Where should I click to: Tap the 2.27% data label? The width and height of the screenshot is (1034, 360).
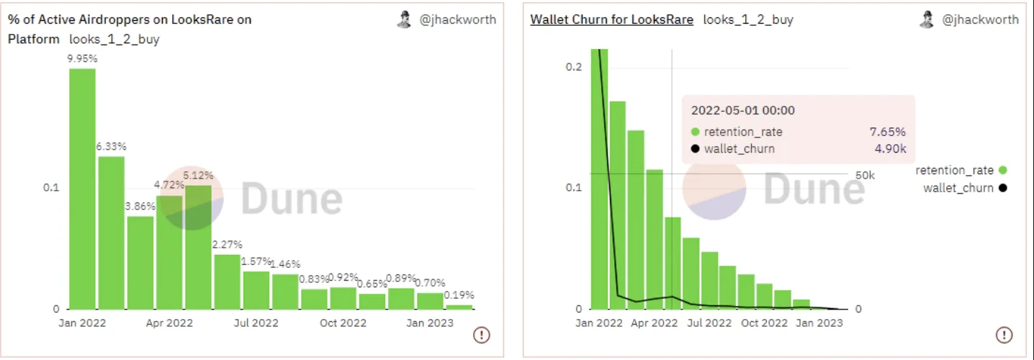coord(228,245)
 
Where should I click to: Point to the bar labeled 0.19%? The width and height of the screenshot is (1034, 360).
coord(459,307)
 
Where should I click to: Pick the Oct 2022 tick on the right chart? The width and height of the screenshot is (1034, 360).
coord(765,323)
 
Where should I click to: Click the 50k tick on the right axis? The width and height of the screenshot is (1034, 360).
coord(864,175)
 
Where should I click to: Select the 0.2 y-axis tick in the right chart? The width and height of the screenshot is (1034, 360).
coord(572,67)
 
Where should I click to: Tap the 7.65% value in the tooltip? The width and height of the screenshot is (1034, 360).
coord(888,132)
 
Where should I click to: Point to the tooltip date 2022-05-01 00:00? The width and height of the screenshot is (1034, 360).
coord(742,110)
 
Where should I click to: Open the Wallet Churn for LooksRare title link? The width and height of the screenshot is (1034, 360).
coord(611,20)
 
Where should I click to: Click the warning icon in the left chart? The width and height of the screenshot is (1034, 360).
coord(482,334)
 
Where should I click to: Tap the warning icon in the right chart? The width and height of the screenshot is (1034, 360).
coord(1004,334)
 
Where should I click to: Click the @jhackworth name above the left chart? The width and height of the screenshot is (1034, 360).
coord(458,20)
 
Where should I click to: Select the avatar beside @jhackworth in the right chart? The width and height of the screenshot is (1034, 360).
coord(926,20)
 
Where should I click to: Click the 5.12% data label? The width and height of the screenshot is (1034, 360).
coord(199,175)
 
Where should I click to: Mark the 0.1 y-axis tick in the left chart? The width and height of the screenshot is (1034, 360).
coord(51,188)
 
